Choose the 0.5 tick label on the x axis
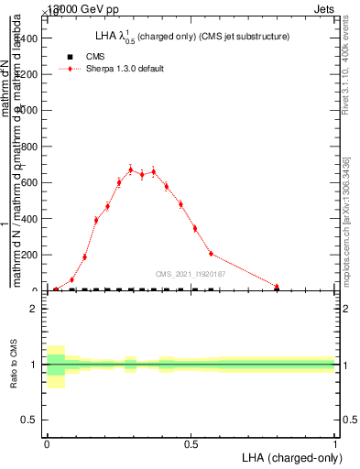pyautogui.click(x=191, y=444)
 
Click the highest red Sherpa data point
pyautogui.click(x=131, y=169)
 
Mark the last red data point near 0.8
pyautogui.click(x=277, y=287)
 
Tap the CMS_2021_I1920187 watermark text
pyautogui.click(x=191, y=273)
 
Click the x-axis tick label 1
pyautogui.click(x=335, y=444)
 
